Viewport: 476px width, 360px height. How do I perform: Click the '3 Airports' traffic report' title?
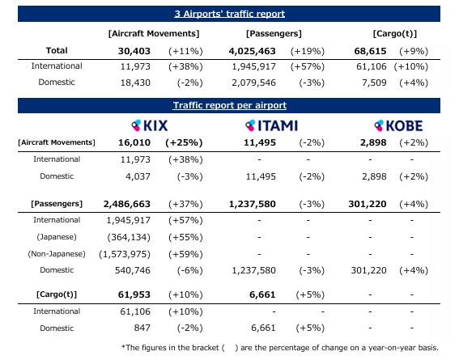pyautogui.click(x=230, y=14)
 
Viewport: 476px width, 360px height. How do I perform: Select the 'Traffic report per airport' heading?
pyautogui.click(x=230, y=105)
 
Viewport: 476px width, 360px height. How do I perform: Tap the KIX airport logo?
pyautogui.click(x=149, y=125)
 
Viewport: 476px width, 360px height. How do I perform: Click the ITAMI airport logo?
pyautogui.click(x=271, y=125)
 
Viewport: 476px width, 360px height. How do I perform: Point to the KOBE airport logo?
pyautogui.click(x=398, y=125)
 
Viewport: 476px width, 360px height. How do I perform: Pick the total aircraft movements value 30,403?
pyautogui.click(x=134, y=51)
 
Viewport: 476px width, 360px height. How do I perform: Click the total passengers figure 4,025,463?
pyautogui.click(x=253, y=51)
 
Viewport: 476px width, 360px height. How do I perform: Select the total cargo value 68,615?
pyautogui.click(x=371, y=51)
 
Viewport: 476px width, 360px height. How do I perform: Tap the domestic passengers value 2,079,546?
pyautogui.click(x=254, y=83)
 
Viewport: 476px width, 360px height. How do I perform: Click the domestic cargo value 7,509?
pyautogui.click(x=374, y=83)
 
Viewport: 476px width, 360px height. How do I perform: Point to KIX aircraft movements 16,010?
pyautogui.click(x=134, y=142)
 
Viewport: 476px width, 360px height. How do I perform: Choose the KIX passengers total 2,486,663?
pyautogui.click(x=127, y=204)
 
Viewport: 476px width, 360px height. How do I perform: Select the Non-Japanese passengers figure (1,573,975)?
pyautogui.click(x=125, y=254)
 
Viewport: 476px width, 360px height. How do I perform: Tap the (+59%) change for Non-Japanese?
pyautogui.click(x=185, y=254)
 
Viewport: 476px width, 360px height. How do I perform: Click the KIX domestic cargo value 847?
pyautogui.click(x=142, y=328)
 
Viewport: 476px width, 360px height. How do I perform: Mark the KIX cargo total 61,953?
pyautogui.click(x=134, y=294)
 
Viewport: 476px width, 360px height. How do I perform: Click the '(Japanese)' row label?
pyautogui.click(x=57, y=237)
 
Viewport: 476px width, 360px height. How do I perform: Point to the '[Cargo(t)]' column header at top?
pyautogui.click(x=395, y=33)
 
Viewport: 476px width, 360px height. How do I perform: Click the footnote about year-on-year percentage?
pyautogui.click(x=280, y=348)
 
